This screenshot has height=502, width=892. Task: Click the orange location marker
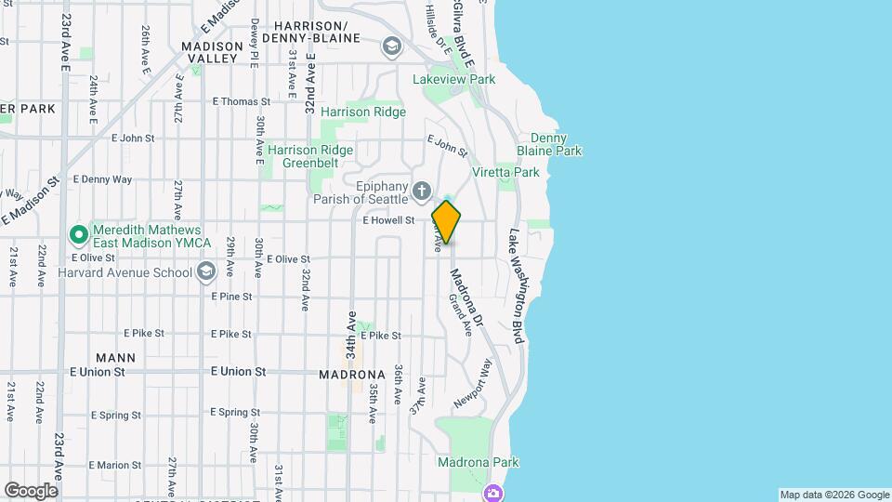click(x=446, y=222)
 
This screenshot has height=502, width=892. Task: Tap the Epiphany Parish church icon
click(x=421, y=192)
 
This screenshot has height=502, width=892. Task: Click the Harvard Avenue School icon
click(x=205, y=271)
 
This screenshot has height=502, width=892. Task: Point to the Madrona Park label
click(x=478, y=462)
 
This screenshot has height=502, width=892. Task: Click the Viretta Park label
click(x=505, y=172)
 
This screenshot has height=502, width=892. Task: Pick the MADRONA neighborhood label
click(x=351, y=374)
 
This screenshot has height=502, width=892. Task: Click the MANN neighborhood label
click(x=115, y=357)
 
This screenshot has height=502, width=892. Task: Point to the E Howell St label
click(x=387, y=220)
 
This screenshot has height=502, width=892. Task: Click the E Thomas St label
click(x=241, y=101)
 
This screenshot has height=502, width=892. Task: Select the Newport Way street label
click(x=472, y=382)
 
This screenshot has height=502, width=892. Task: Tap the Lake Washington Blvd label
click(x=516, y=287)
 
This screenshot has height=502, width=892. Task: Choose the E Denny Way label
click(x=102, y=178)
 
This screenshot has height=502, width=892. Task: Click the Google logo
click(x=31, y=491)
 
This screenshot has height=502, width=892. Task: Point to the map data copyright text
click(x=833, y=495)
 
